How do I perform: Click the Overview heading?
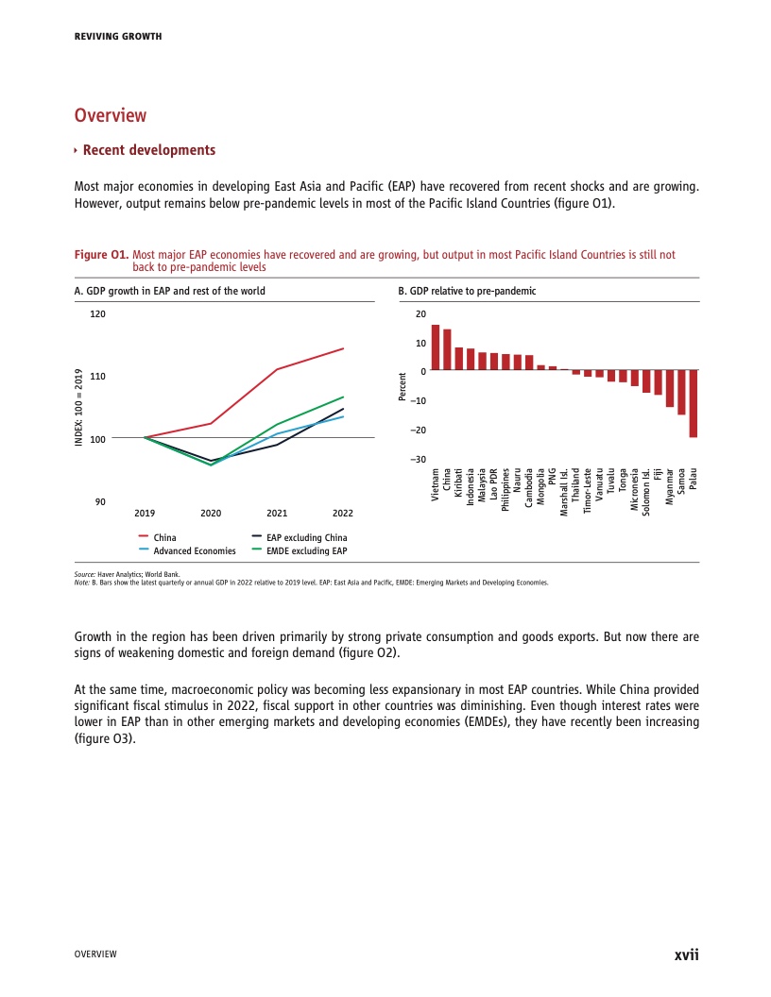[111, 115]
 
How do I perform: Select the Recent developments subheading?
[148, 150]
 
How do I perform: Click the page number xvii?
[686, 954]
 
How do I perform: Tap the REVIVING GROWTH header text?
[118, 36]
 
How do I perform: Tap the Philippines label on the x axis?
[505, 489]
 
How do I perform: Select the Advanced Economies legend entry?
[194, 550]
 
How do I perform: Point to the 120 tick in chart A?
[98, 313]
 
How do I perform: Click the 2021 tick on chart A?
[277, 513]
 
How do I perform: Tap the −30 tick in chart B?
[418, 459]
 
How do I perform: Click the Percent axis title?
[403, 387]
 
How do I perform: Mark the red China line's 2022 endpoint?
[343, 348]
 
